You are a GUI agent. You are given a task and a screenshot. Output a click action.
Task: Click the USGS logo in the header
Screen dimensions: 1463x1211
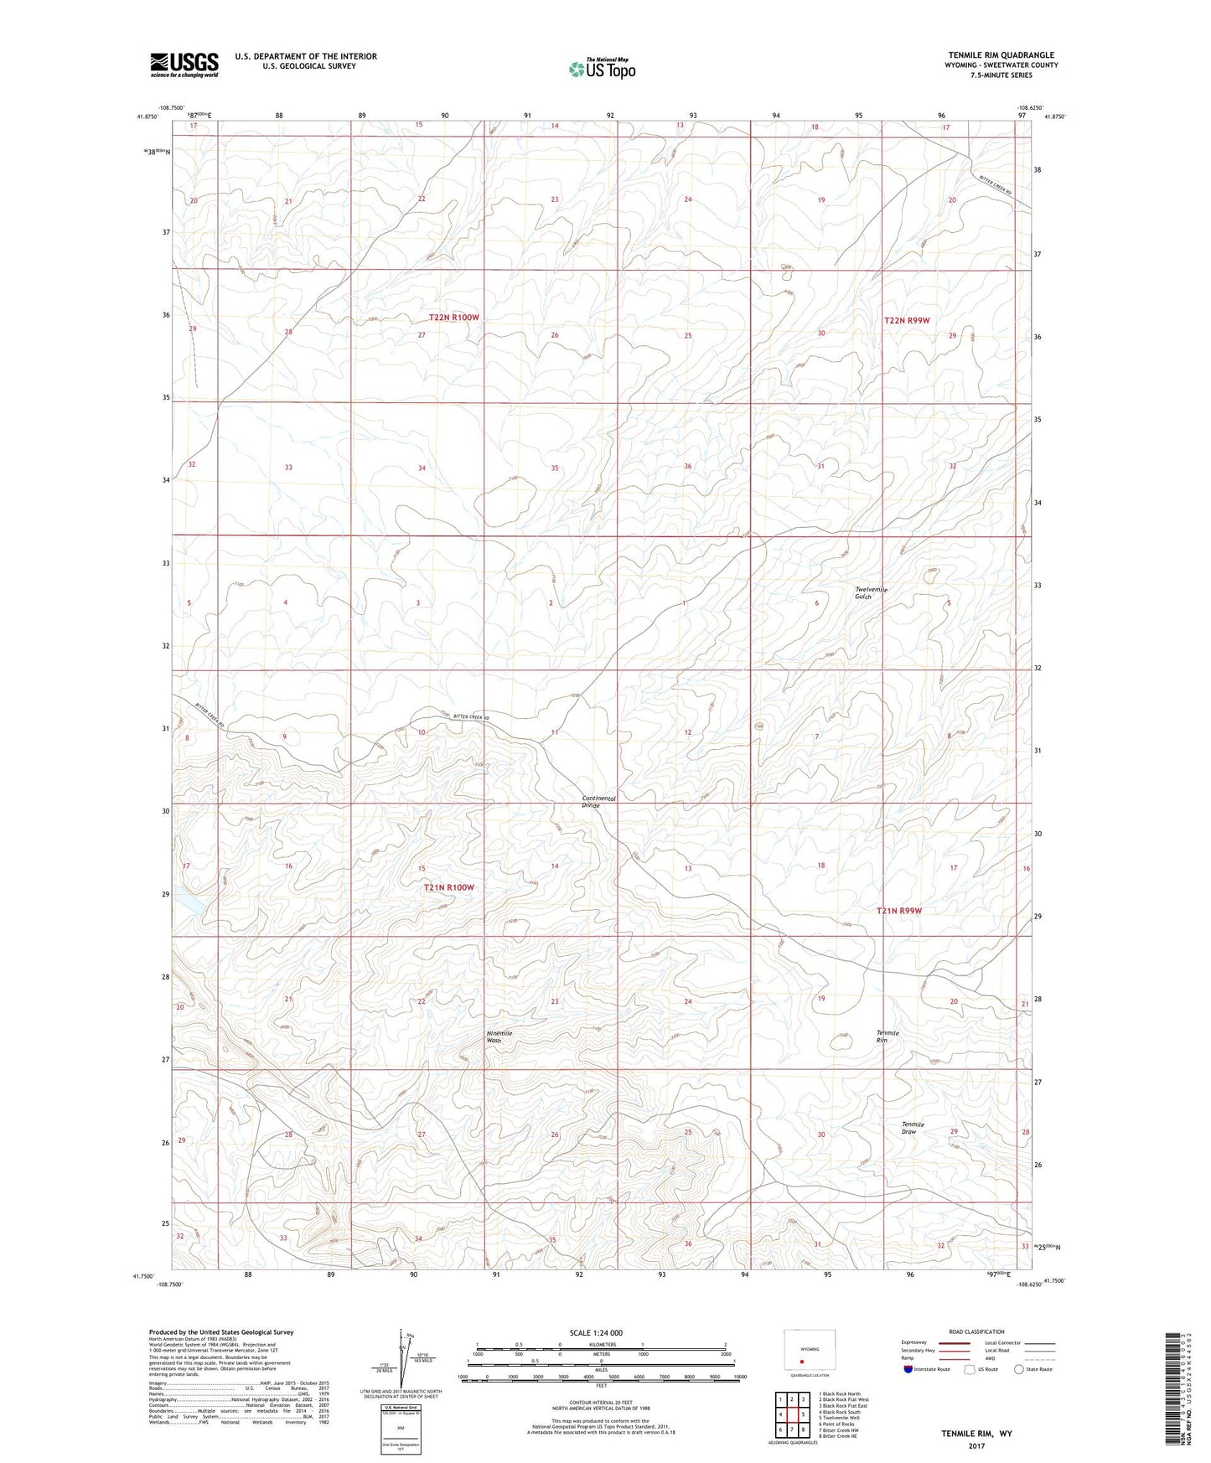184,65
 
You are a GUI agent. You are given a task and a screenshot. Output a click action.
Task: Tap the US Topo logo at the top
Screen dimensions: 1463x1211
602,68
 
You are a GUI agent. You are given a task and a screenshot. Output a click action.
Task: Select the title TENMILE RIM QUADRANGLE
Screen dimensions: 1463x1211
1001,54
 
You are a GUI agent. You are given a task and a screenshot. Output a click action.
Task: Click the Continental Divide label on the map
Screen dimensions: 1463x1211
598,801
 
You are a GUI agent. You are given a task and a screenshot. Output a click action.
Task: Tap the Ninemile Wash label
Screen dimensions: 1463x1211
499,1037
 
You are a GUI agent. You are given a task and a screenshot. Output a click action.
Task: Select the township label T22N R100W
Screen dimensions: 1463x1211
453,318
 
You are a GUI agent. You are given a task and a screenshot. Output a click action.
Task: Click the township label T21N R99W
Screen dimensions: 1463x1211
898,910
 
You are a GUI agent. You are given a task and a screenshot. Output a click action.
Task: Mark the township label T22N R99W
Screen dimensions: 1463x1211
909,320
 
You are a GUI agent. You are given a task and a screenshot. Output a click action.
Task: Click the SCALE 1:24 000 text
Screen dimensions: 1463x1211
596,1332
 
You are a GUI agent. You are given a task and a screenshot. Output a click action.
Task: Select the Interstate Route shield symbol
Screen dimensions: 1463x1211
908,1369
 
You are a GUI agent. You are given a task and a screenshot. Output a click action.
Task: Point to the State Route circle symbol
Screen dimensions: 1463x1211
1019,1369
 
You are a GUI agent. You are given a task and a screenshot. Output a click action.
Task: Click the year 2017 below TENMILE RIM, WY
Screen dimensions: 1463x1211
976,1445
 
